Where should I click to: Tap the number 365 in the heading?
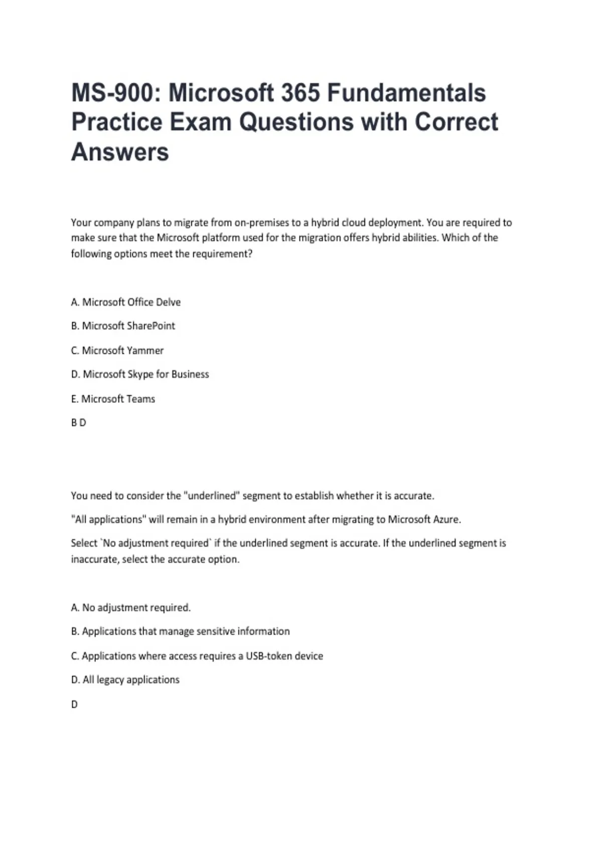coord(299,93)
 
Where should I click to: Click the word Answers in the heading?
coord(120,152)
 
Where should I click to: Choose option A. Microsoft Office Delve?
coord(126,302)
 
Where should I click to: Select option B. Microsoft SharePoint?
coord(123,326)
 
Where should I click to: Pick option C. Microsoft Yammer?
coord(117,350)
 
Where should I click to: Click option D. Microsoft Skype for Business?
coord(140,374)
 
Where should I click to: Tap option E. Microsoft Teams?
coord(113,399)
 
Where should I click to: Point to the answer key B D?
coord(79,423)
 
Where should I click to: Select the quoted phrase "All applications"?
coord(108,519)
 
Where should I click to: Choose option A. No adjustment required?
coord(131,607)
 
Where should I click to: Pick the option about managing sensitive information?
coord(181,631)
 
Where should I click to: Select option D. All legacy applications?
coord(125,680)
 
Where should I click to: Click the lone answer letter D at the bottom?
coord(74,705)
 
